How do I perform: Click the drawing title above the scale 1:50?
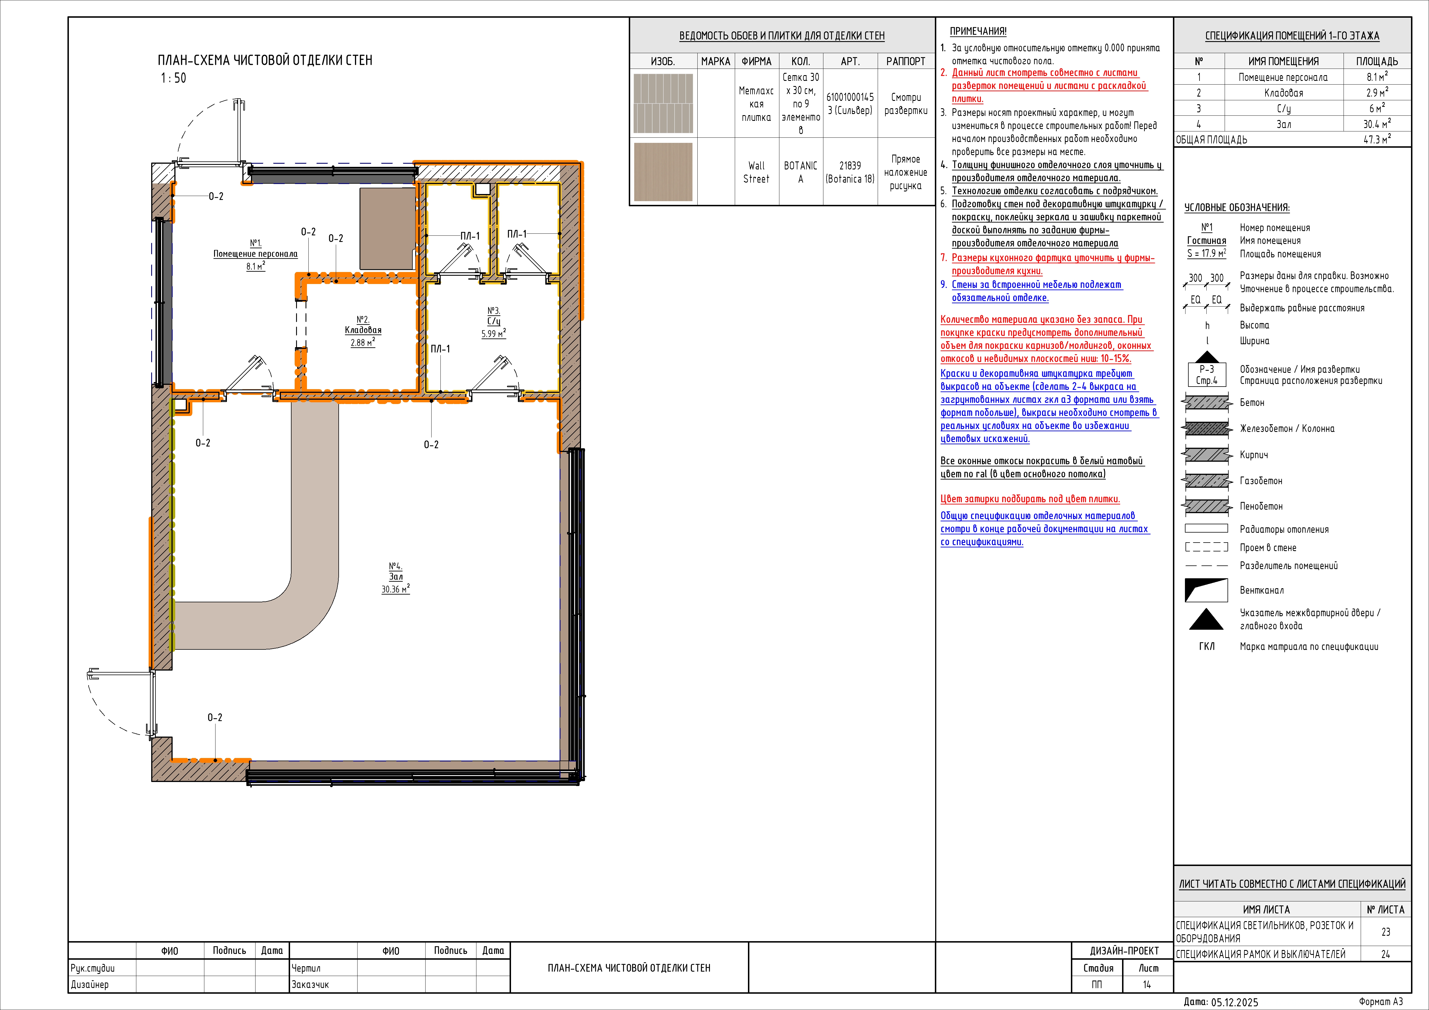click(265, 60)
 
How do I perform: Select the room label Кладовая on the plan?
click(363, 331)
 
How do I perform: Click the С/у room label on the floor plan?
click(494, 321)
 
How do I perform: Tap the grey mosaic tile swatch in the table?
click(663, 103)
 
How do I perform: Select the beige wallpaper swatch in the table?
click(663, 172)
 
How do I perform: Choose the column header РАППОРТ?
click(906, 61)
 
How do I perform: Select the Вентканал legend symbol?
click(1206, 590)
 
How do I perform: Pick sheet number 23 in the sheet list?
click(1386, 932)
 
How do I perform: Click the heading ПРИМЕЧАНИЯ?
click(978, 31)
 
